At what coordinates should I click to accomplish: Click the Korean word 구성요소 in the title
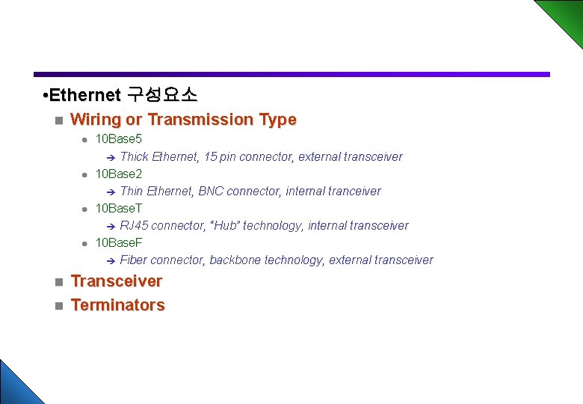point(162,95)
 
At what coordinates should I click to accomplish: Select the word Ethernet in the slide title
point(84,95)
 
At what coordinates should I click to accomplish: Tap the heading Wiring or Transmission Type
point(183,120)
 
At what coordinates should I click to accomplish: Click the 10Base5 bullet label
point(119,139)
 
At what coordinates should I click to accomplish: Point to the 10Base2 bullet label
point(119,174)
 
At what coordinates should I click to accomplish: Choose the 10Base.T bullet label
point(119,208)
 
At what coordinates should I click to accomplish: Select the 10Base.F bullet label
point(119,242)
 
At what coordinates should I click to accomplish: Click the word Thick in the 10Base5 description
point(134,156)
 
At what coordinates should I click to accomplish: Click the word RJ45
point(135,225)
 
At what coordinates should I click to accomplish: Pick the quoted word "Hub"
point(226,225)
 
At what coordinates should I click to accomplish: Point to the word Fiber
point(134,260)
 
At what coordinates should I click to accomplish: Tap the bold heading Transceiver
point(116,281)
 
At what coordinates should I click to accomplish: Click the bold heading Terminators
point(117,305)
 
